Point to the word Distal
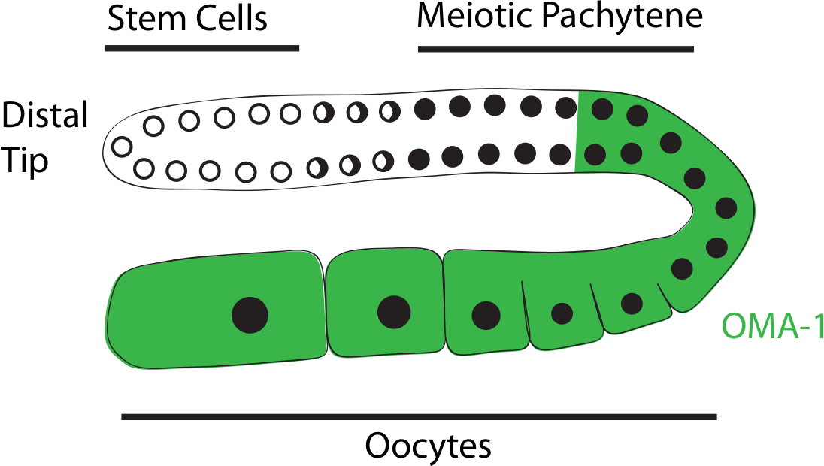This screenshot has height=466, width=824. pos(45,116)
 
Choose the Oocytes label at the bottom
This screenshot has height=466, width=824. pos(429,446)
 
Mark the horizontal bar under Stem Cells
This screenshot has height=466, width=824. pos(202,48)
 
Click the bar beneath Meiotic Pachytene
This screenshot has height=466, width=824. pos(556,49)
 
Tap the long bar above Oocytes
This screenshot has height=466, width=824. pos(419,416)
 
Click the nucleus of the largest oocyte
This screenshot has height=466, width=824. pos(250,315)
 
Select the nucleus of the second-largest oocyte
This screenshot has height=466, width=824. pos(394,311)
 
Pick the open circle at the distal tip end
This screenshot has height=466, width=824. pos(120,144)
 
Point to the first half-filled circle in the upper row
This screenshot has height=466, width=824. pos(323,113)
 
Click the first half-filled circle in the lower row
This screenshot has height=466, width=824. pos(318,167)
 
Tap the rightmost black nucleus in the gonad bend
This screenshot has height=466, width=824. pos(726,207)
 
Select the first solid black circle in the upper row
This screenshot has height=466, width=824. pos(424,109)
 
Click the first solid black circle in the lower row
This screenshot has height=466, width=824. pos(419,159)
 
